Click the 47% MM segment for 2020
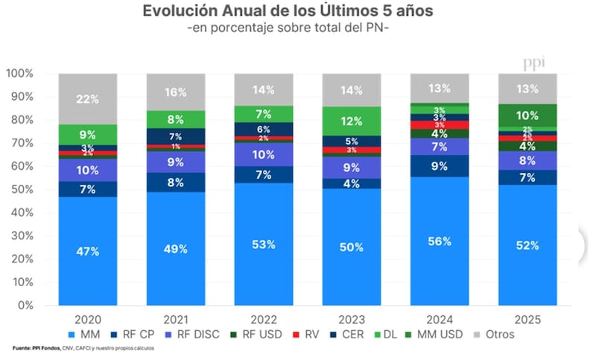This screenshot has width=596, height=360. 88,251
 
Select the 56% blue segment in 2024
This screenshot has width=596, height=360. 439,241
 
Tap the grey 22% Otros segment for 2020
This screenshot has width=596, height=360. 88,99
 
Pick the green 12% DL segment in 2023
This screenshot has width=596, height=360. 351,121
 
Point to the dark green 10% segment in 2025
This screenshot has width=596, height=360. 527,116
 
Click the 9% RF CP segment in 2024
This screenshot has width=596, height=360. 439,166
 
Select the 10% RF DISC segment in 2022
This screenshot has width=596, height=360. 263,154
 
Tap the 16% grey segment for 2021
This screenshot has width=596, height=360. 176,92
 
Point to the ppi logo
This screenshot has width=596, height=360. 533,62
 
